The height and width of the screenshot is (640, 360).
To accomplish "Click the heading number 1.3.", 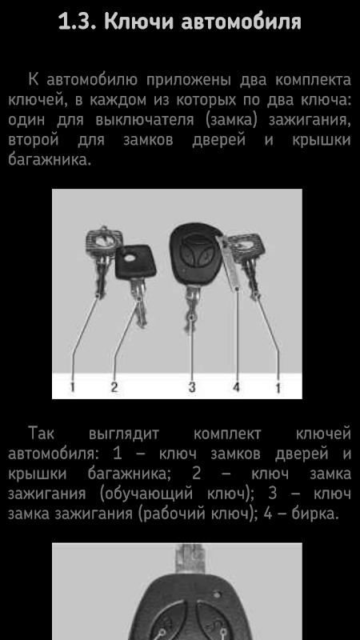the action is pos(78,22).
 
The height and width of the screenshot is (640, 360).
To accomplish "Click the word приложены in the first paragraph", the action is pos(188,80).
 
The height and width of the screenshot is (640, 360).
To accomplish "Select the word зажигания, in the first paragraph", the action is pos(310,120).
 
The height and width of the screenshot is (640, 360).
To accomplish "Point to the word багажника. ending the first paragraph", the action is pos(49,159).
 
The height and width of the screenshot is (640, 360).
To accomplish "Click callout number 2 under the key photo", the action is pos(114,386).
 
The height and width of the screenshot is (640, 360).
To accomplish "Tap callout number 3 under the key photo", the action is pos(192,386).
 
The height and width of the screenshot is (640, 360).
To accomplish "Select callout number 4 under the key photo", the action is pos(236,386).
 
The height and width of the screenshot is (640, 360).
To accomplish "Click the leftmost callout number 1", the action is pos(72,386).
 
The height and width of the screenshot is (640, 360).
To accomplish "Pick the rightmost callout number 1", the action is pos(278,387).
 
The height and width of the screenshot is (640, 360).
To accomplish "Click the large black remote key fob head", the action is pos(196,254).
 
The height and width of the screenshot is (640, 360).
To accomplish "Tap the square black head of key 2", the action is pos(135,262).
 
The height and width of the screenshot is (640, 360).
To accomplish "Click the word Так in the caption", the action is pos(42,434).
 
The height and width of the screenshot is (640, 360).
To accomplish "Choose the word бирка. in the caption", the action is pos(315,514).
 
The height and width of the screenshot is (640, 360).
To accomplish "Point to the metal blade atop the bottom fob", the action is pos(190,558).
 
